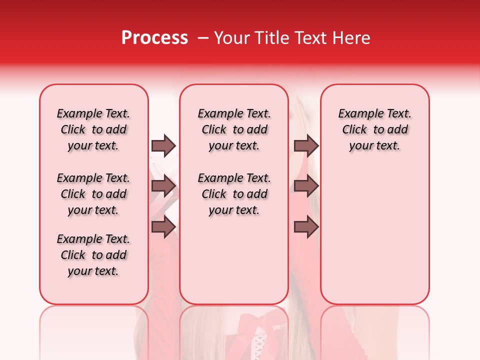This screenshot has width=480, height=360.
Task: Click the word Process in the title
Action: [154, 38]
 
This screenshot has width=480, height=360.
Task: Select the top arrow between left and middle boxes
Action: [163, 145]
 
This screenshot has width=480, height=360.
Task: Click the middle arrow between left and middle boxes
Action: [163, 186]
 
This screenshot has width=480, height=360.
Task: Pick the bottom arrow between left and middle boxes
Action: [163, 226]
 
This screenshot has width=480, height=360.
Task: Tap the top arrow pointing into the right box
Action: [306, 145]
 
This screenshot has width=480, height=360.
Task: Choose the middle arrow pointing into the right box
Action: [306, 186]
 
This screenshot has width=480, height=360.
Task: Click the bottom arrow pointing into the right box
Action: [306, 226]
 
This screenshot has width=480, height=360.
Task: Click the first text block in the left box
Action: [93, 129]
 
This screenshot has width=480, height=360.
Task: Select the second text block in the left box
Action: [93, 194]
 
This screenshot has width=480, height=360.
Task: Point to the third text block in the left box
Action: [93, 255]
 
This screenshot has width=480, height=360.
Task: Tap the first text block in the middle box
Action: [234, 129]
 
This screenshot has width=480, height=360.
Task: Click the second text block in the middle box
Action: [234, 194]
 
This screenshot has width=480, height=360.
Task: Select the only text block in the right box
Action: [375, 129]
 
